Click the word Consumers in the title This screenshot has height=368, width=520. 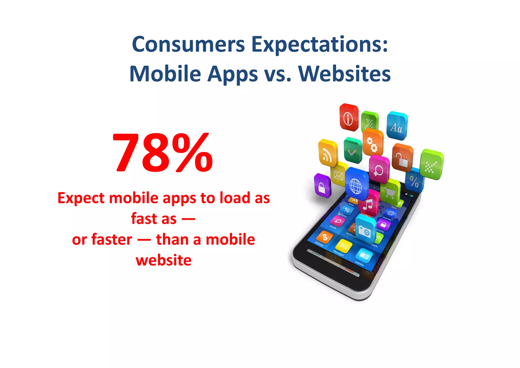tap(188, 44)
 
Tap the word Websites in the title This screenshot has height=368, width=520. tap(344, 74)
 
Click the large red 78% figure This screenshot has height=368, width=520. tap(162, 152)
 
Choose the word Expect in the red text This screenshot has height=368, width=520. tap(81, 198)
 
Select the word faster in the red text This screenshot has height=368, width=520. tap(112, 239)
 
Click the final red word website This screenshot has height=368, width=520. tap(164, 260)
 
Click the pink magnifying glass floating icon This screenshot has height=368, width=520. tap(379, 170)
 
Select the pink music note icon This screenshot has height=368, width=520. tap(369, 203)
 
